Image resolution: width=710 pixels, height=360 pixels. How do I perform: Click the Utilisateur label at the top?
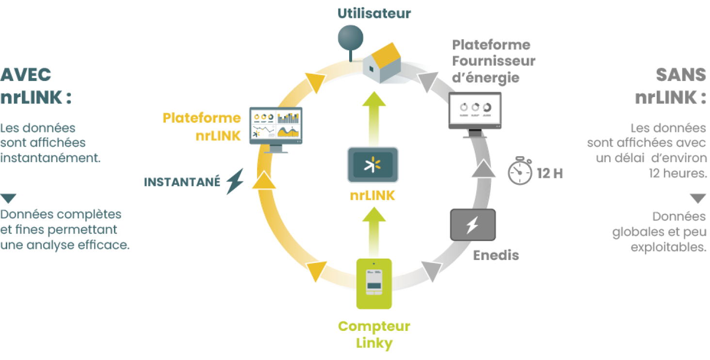[x=374, y=13]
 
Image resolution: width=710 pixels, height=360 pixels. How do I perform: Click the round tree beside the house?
[x=350, y=39]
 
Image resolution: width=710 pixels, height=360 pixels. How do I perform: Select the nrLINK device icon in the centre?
[x=372, y=165]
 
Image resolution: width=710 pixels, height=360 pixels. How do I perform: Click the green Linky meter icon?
[x=373, y=284]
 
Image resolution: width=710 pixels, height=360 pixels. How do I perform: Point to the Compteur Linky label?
[x=374, y=335]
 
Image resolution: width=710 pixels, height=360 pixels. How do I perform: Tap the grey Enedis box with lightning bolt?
[x=472, y=225]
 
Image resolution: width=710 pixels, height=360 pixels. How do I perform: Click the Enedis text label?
[x=496, y=255]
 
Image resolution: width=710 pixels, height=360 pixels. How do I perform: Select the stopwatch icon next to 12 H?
[x=520, y=171]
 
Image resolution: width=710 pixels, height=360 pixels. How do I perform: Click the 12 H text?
[x=550, y=174]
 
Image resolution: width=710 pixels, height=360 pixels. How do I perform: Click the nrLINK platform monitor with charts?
[x=275, y=127]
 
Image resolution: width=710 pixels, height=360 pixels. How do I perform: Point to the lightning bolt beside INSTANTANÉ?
[x=235, y=181]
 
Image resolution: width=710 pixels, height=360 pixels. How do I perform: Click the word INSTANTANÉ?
[x=182, y=182]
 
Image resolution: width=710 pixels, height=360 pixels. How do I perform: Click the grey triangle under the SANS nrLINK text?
[x=698, y=198]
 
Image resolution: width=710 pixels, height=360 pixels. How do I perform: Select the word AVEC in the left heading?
[x=26, y=75]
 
